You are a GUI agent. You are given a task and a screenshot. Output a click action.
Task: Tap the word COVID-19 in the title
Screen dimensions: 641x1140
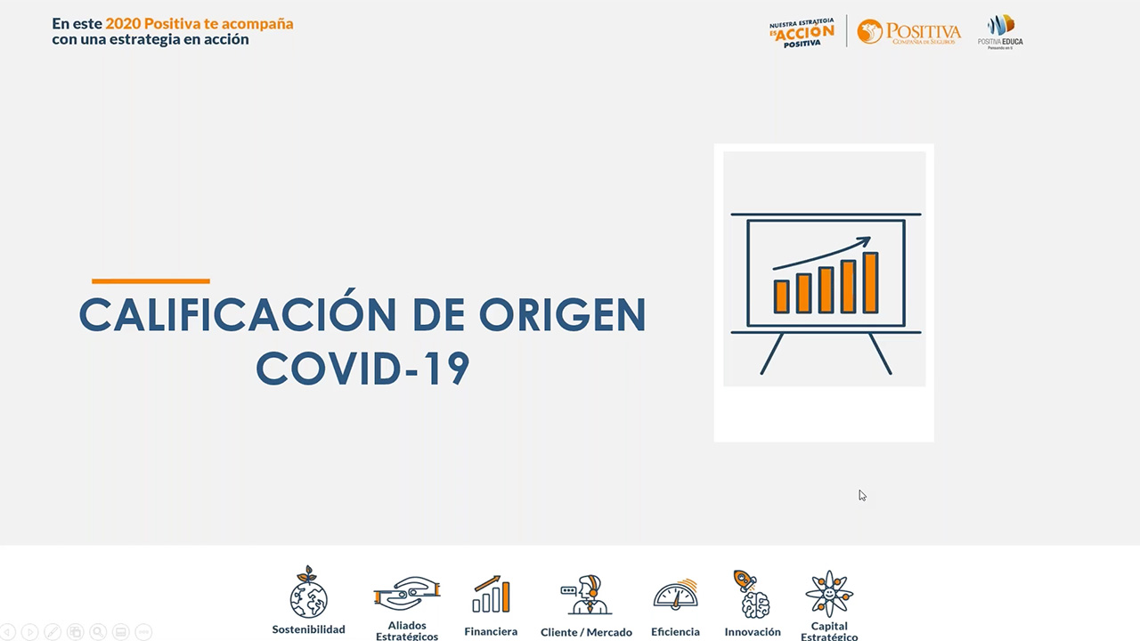[x=362, y=369]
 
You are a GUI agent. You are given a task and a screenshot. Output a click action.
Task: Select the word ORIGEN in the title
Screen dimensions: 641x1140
[x=563, y=315]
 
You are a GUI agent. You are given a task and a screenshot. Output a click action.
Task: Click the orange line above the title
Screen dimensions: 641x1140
[x=151, y=281]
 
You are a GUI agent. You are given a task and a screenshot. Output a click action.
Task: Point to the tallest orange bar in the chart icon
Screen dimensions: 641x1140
[x=870, y=282]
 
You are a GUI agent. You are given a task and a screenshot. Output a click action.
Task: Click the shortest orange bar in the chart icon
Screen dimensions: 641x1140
[x=781, y=296]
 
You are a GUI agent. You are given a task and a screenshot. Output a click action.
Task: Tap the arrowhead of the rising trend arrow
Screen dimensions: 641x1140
[x=864, y=241]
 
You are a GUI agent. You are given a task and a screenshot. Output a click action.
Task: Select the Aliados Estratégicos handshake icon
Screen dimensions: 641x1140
[x=407, y=593]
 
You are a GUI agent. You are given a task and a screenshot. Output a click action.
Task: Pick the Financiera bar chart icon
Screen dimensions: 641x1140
[x=491, y=595]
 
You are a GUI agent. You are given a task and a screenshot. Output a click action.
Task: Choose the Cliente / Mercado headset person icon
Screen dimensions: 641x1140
[x=586, y=595]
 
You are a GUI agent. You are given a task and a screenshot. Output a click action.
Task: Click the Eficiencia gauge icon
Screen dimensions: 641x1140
[x=675, y=595]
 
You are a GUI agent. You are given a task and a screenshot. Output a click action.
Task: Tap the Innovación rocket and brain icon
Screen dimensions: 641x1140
[x=753, y=594]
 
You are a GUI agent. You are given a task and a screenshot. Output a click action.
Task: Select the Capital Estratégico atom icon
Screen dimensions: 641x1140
[x=829, y=593]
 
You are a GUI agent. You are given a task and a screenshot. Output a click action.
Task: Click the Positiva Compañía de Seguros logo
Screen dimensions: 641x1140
[x=908, y=32]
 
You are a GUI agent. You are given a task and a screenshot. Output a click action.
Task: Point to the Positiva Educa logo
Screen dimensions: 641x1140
[x=1000, y=31]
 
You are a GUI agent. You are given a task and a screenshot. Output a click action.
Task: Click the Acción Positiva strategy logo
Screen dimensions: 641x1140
[x=802, y=32]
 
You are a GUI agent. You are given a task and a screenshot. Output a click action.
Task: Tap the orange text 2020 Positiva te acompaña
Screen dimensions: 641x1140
[x=199, y=24]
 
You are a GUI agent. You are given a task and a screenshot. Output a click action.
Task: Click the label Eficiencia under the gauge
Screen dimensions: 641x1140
[x=675, y=632]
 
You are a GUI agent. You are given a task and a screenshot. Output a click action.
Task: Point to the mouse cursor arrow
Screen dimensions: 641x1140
[x=862, y=495]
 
